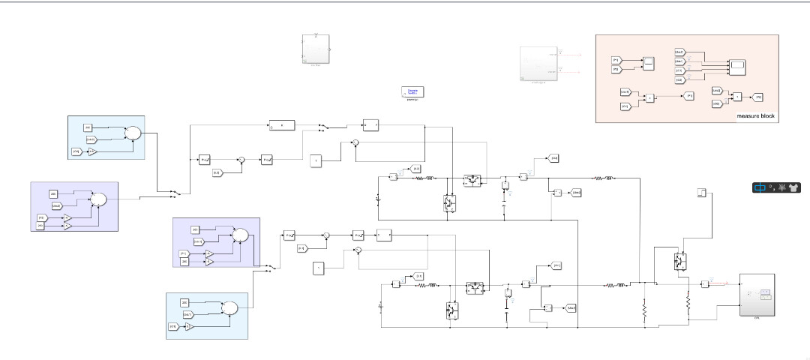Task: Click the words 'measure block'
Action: pos(756,116)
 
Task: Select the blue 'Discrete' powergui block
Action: pos(412,91)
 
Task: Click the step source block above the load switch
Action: pos(703,193)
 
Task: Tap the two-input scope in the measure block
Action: pos(648,64)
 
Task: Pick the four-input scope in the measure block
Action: pos(738,66)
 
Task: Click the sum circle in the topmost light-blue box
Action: pos(132,133)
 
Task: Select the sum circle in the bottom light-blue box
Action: pos(230,308)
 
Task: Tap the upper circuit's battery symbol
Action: pos(378,199)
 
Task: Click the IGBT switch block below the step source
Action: pos(679,260)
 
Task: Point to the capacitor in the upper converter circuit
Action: pos(505,184)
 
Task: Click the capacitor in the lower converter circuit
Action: pos(508,294)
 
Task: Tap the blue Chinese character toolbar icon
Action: pos(760,187)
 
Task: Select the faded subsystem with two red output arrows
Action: pos(538,64)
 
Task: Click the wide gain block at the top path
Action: pos(282,125)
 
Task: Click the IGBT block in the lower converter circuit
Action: pos(451,309)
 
